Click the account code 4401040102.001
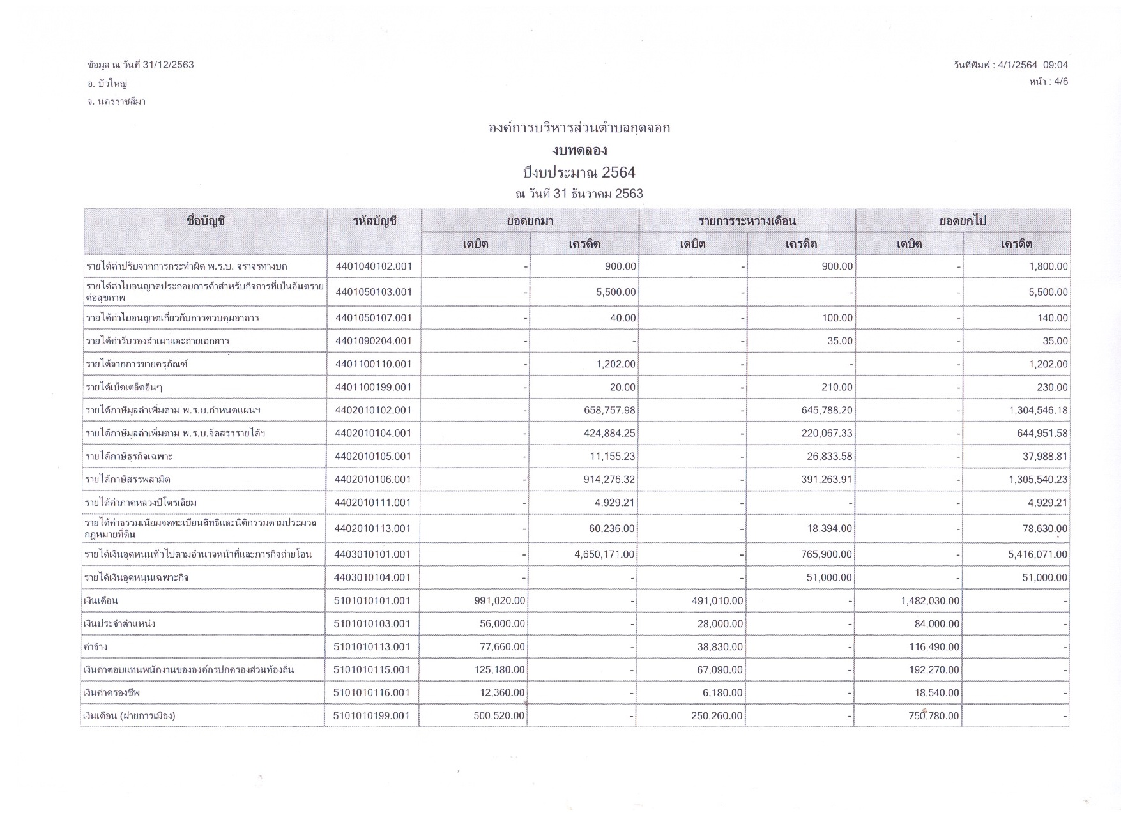coord(374,266)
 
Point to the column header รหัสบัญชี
coord(374,222)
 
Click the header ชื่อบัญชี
coord(206,222)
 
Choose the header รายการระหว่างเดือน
coord(747,222)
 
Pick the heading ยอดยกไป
coord(963,222)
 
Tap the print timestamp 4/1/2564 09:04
coord(1032,65)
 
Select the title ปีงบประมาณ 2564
coord(579,172)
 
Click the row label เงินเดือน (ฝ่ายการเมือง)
coord(130,716)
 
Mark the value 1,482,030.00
coord(930,600)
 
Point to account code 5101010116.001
coord(372,693)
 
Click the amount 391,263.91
coord(827,480)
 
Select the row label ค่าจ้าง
coord(96,647)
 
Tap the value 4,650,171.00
coord(604,554)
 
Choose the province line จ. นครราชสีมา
coord(116,102)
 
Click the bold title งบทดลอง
coord(579,151)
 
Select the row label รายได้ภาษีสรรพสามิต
coord(128,480)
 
